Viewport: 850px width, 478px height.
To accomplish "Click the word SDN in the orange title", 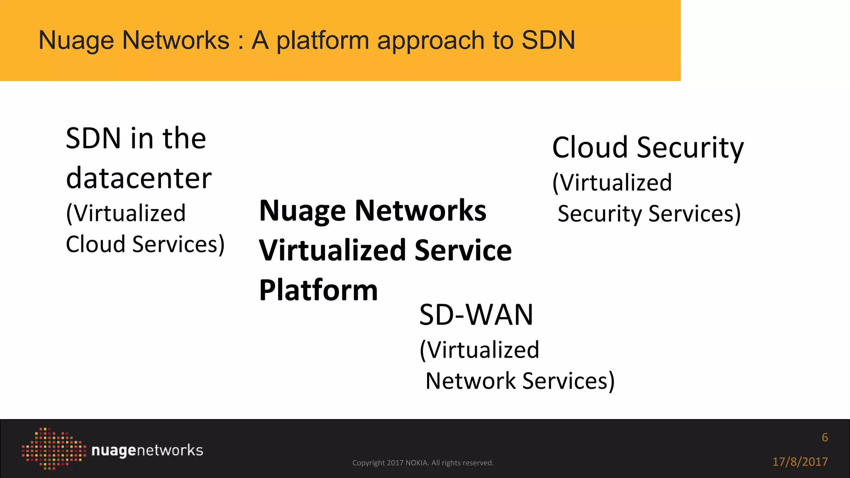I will coord(548,40).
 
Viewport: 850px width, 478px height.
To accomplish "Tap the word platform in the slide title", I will coord(322,41).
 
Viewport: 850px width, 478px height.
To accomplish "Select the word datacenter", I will coord(139,178).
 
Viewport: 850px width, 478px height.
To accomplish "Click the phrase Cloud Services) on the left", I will coord(145,244).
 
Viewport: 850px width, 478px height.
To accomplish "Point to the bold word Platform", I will coord(318,290).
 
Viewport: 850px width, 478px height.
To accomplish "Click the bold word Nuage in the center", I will coord(302,211).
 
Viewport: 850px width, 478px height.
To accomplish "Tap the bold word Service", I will coord(463,251).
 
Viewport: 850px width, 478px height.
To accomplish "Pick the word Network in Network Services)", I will coord(470,381).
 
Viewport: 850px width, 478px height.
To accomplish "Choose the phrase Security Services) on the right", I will coord(649,214).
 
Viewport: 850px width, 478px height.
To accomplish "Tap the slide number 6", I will coord(825,437).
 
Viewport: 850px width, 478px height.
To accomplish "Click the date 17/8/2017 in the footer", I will coord(800,462).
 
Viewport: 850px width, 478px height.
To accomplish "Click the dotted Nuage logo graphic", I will coord(54,449).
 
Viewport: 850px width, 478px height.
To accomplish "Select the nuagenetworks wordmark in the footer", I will coord(147,451).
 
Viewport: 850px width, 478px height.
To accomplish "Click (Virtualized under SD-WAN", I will coord(479,350).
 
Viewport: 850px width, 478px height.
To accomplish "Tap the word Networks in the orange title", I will coord(176,40).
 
